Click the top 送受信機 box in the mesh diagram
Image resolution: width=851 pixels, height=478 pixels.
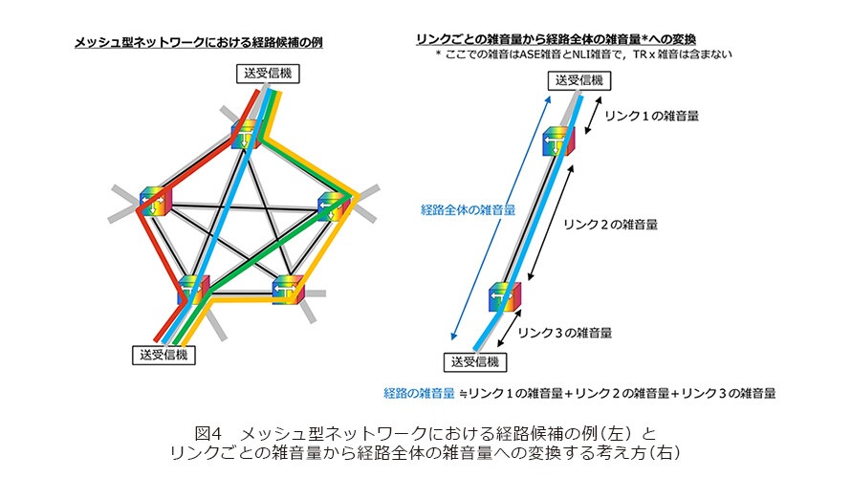pos(268,74)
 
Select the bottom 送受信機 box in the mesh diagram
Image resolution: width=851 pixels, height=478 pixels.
pos(164,355)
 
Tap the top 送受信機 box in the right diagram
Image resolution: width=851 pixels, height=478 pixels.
pos(579,80)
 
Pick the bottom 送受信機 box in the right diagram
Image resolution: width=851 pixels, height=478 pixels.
pos(475,362)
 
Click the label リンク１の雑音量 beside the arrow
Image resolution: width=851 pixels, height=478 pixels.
pos(651,116)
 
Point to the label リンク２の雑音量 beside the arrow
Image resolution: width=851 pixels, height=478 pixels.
pos(610,224)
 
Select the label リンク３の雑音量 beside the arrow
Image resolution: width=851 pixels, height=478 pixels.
pos(564,333)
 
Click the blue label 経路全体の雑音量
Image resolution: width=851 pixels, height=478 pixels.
pos(468,210)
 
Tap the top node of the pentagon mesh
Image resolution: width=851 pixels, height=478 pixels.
pos(246,134)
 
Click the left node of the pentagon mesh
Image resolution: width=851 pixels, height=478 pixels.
pos(156,202)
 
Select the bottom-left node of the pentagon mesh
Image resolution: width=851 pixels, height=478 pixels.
pos(193,289)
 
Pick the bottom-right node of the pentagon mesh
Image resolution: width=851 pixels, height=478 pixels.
pos(288,290)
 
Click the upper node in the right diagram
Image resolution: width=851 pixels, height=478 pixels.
pos(558,141)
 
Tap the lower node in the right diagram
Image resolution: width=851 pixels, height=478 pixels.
pos(505,296)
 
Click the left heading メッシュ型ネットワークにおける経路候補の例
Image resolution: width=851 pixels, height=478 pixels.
pos(199,42)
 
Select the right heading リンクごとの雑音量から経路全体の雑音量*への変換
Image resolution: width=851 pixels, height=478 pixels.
pos(556,39)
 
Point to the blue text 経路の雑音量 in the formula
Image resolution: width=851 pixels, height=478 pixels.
pos(419,393)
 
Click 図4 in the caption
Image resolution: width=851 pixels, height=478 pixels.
pos(209,433)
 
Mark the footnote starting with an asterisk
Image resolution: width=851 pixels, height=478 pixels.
pos(584,54)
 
